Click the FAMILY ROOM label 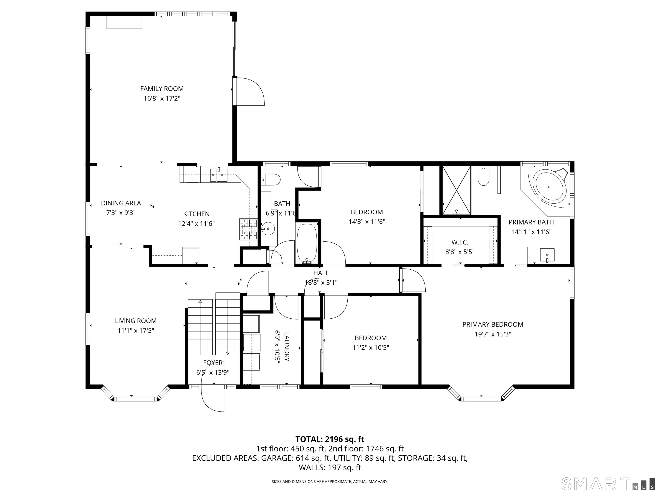coord(162,89)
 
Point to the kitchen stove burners coord(248,229)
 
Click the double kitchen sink coord(219,175)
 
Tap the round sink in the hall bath coord(268,229)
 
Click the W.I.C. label coord(460,242)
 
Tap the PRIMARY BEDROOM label coord(493,324)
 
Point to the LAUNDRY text coord(286,347)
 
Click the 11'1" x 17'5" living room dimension coord(136,330)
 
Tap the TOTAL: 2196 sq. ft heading coord(330,439)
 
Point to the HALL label coord(321,273)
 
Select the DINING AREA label coord(121,203)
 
